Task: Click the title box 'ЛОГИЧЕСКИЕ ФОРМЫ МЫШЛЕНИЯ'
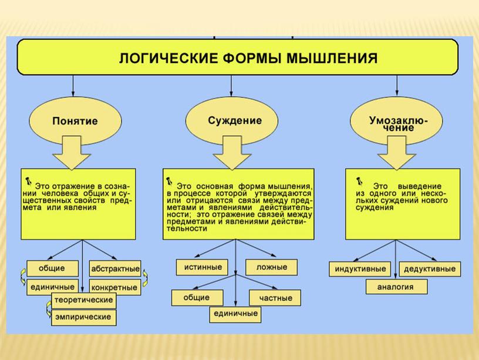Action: tap(237, 57)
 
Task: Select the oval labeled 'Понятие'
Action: tap(75, 120)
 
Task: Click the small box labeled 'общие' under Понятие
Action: tap(52, 268)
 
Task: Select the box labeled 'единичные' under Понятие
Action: tap(52, 287)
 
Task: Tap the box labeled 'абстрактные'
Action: tap(115, 270)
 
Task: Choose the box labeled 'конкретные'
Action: tap(115, 288)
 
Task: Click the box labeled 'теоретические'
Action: tap(83, 300)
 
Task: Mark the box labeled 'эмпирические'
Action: tap(83, 318)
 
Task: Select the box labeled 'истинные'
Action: tap(200, 267)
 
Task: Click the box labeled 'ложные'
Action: tap(272, 267)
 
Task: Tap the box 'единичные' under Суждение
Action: tap(234, 314)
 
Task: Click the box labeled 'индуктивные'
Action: tap(360, 269)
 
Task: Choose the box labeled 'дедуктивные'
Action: tap(430, 269)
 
